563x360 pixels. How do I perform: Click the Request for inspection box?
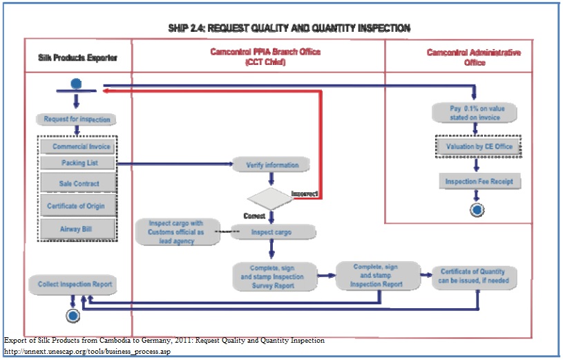[76, 119]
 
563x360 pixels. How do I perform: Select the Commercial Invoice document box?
[77, 146]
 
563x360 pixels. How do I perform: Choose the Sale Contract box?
[77, 184]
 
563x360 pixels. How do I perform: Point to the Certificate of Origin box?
[77, 206]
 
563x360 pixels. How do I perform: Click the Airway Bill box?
[77, 228]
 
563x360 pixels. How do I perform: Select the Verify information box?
[272, 165]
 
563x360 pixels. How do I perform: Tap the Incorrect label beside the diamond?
[305, 193]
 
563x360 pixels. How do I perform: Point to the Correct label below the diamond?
[254, 216]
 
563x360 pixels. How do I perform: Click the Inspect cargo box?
[272, 232]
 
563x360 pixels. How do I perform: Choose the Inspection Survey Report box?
[274, 275]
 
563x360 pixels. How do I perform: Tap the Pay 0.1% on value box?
[475, 113]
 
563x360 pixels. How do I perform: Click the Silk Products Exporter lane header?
[77, 58]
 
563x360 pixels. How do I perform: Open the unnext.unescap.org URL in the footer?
[87, 352]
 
